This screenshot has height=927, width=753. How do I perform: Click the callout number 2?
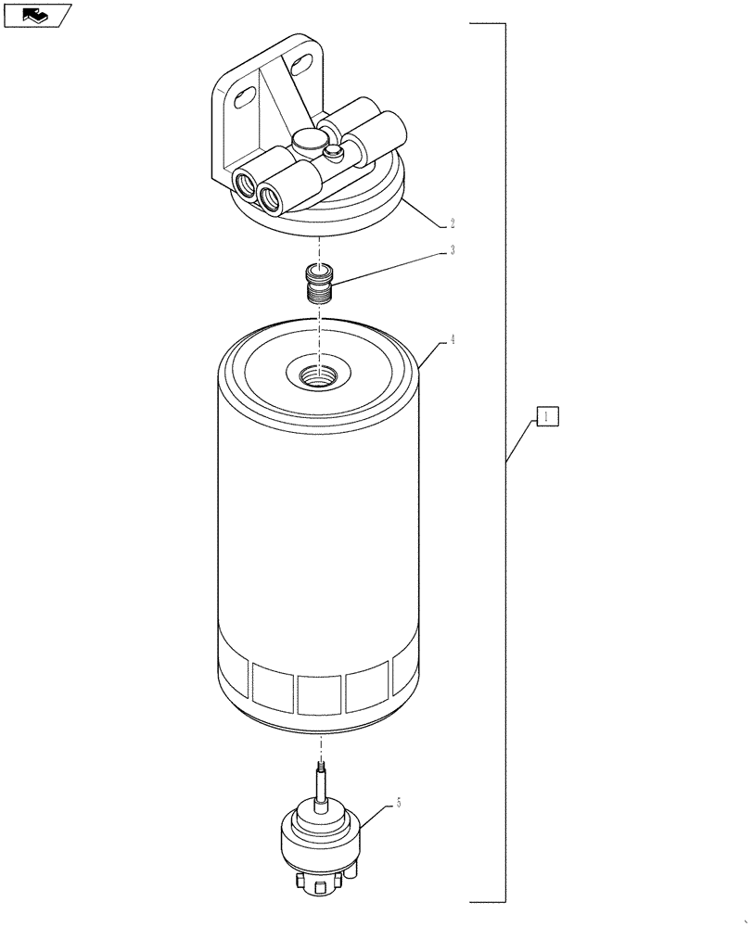click(452, 223)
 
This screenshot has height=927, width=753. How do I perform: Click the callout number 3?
click(452, 250)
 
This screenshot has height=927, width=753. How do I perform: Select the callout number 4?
click(452, 340)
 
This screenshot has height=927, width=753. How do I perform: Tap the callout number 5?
click(399, 803)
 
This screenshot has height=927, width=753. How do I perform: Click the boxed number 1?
click(547, 416)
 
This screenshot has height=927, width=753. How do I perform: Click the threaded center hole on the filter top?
click(319, 375)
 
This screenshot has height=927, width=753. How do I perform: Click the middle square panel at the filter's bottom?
click(322, 693)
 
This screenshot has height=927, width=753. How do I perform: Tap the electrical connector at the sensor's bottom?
click(320, 885)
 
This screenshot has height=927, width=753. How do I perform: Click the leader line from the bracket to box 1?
click(522, 441)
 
